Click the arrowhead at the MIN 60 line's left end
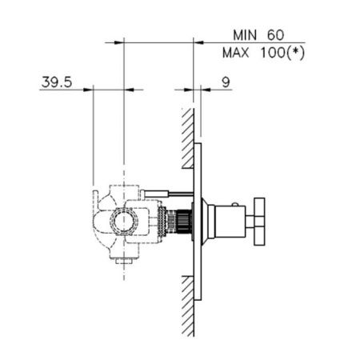(x=127, y=44)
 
